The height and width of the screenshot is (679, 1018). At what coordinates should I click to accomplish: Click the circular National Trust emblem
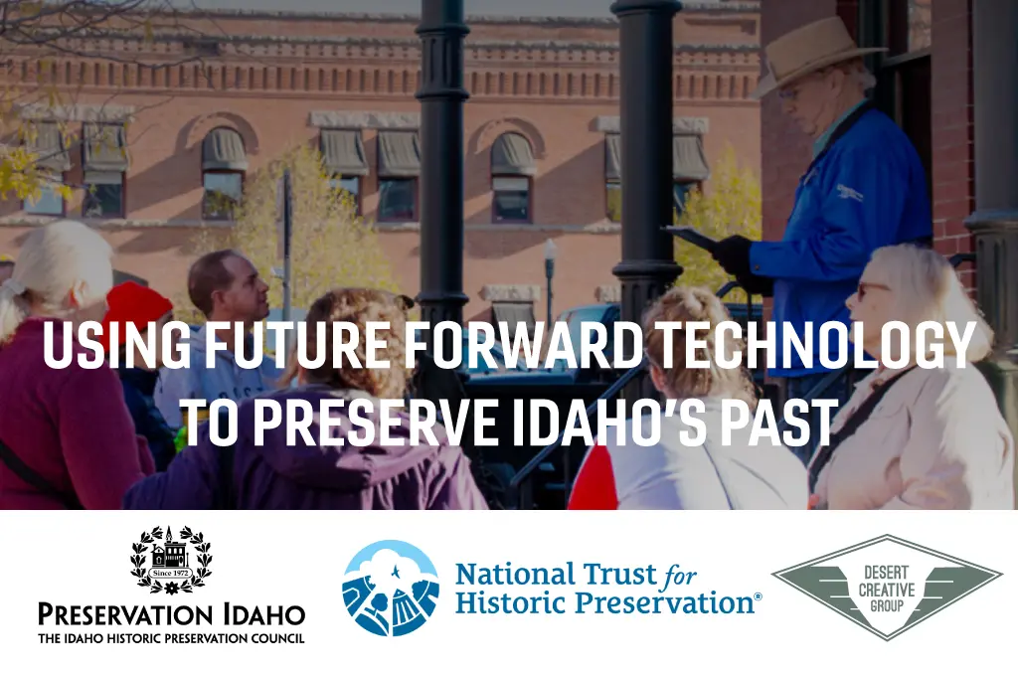pos(390,589)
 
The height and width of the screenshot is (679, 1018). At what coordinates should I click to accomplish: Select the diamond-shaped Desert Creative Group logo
pos(887,588)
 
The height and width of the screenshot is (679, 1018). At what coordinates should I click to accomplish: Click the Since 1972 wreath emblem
pos(171,560)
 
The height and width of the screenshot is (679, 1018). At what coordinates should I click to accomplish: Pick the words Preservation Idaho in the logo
pos(171,614)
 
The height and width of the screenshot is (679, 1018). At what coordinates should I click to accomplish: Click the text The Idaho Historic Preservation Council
pos(171,639)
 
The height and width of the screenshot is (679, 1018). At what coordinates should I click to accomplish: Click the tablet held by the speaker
pos(691,238)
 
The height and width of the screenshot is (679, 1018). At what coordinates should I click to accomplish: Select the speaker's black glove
pos(735,255)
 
